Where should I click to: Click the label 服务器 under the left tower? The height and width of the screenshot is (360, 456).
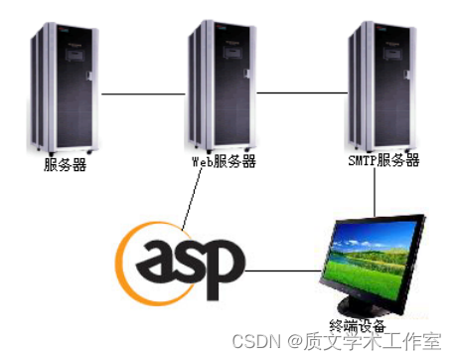click(66, 165)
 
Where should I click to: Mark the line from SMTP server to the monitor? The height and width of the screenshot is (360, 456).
click(375, 194)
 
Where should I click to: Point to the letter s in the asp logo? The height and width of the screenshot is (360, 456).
click(192, 261)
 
